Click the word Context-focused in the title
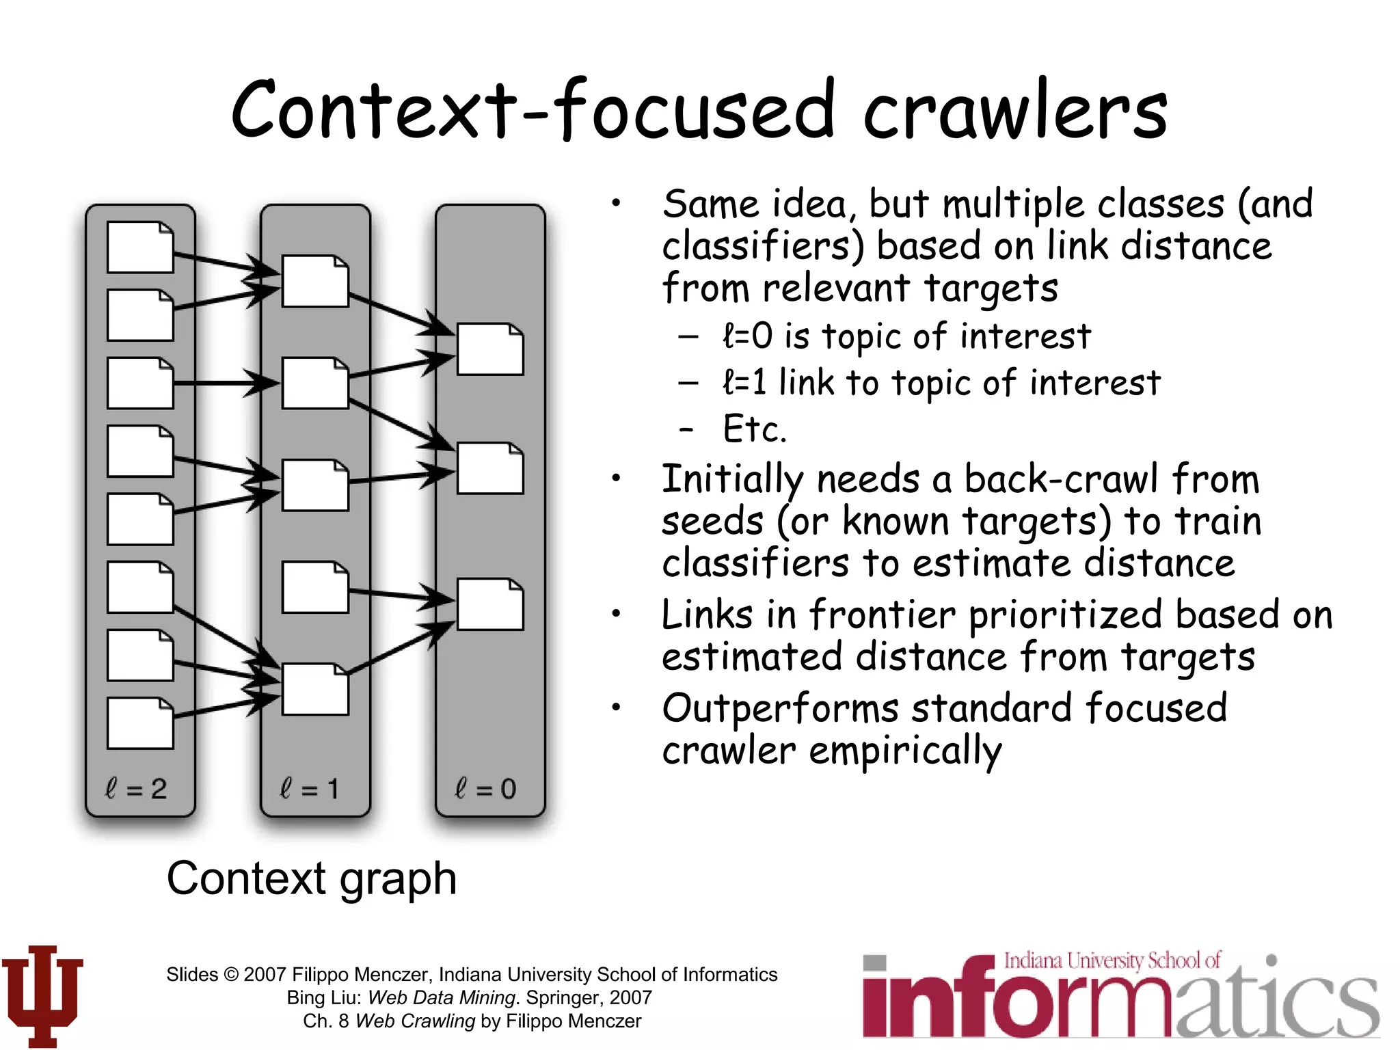pos(533,111)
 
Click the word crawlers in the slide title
pos(1016,111)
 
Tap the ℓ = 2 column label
pos(136,789)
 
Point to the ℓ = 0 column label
pos(485,789)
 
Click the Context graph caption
pos(312,878)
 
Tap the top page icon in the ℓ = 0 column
pos(490,349)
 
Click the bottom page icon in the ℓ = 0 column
pos(490,604)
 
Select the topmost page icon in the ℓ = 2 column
pos(140,247)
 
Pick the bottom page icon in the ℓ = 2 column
pos(140,723)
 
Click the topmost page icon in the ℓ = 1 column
pos(315,281)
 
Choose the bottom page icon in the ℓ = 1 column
pos(315,689)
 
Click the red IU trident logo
pos(42,995)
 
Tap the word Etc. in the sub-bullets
pos(755,429)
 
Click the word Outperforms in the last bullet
pos(780,708)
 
